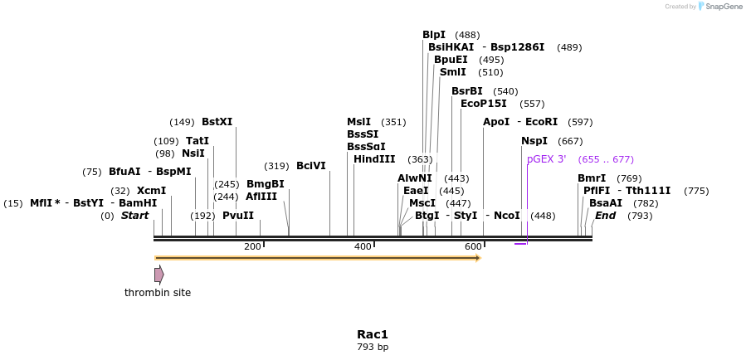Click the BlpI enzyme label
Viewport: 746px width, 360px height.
tap(433, 35)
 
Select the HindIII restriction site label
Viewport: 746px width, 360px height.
tap(374, 159)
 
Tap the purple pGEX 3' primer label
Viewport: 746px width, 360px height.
tap(546, 159)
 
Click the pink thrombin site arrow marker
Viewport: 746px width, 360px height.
tap(158, 275)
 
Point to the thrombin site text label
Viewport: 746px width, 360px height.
tap(158, 293)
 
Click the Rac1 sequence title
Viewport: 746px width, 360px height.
tap(373, 334)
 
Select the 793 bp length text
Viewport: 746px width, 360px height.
tap(373, 348)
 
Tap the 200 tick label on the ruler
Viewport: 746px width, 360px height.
tap(252, 247)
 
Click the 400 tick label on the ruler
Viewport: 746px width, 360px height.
tap(363, 247)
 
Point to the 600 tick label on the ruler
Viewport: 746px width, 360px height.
tap(473, 247)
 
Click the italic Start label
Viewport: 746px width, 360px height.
tap(134, 216)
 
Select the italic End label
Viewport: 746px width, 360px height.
tap(605, 216)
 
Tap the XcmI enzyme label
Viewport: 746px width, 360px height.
tap(151, 191)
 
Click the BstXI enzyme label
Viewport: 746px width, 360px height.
tap(217, 122)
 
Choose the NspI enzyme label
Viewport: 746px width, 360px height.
tap(534, 141)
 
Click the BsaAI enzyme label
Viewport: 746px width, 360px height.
tap(605, 203)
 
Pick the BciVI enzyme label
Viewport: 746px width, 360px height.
tap(311, 166)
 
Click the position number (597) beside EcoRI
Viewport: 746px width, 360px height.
tap(580, 122)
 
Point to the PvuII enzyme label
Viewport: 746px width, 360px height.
tap(238, 216)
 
